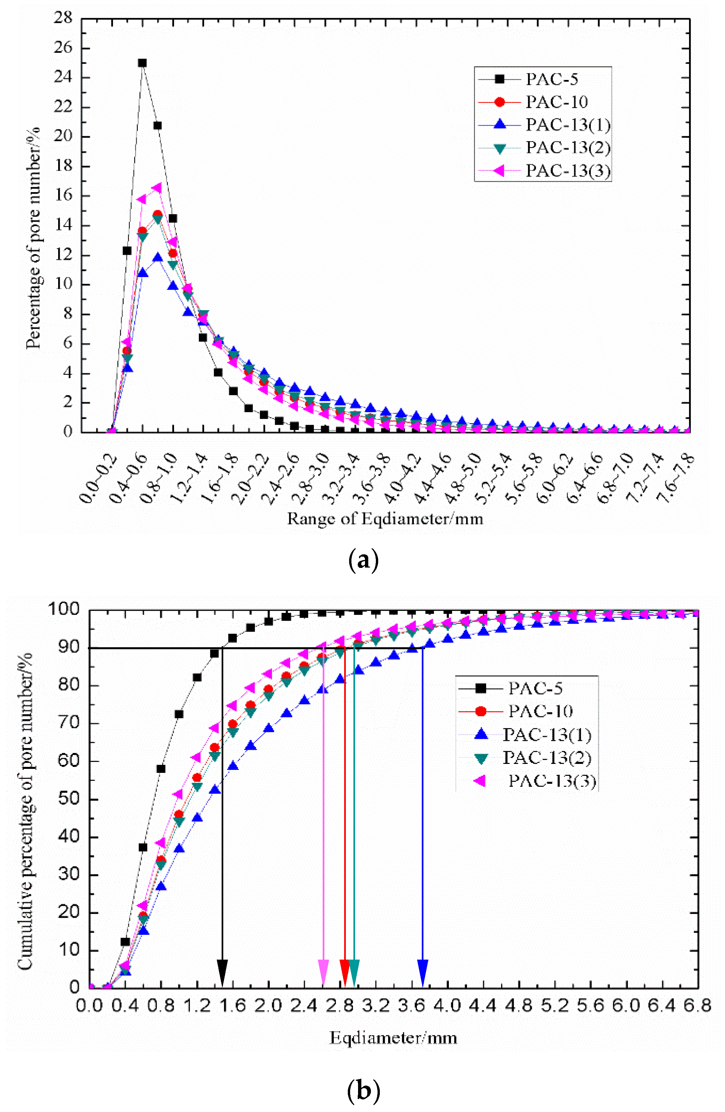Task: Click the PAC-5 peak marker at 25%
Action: click(142, 62)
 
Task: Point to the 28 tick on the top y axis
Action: click(63, 19)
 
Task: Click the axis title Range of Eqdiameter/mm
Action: click(385, 519)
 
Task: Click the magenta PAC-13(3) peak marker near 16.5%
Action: click(157, 188)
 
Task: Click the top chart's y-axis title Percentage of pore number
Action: click(33, 238)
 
